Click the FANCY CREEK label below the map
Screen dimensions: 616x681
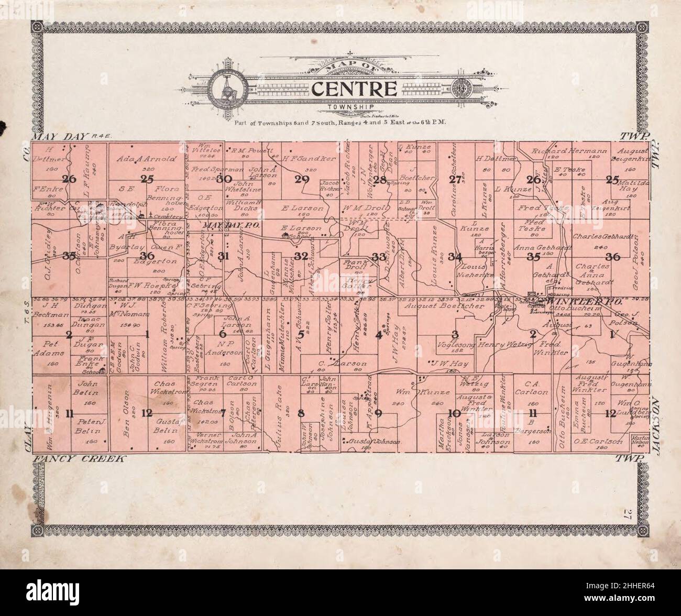tap(79, 459)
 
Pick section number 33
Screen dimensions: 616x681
tap(378, 256)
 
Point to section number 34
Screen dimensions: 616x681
tap(455, 256)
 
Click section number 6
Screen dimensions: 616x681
tap(223, 334)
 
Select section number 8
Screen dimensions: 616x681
tap(301, 412)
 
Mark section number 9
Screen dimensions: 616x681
tap(378, 412)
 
